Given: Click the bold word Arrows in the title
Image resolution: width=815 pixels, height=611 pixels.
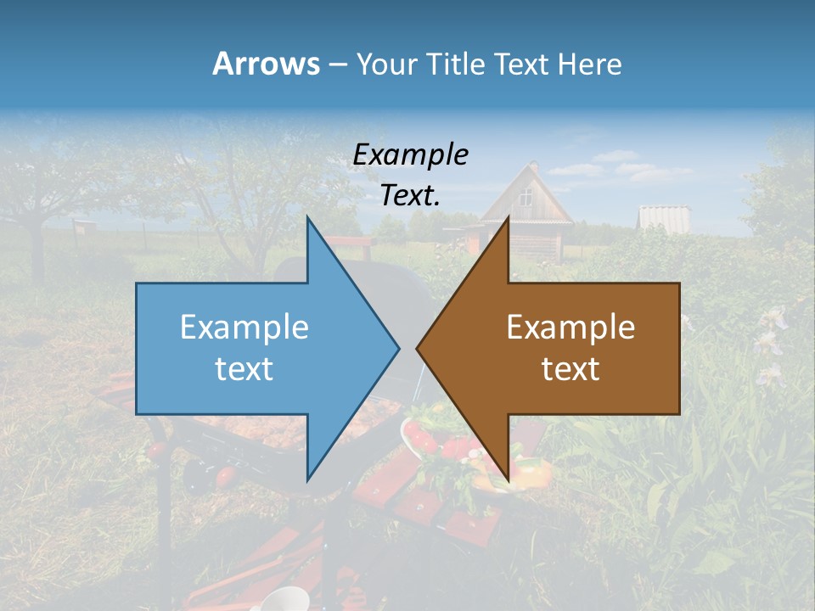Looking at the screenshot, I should pyautogui.click(x=266, y=64).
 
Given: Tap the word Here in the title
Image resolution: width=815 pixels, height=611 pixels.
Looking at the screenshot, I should pyautogui.click(x=589, y=64).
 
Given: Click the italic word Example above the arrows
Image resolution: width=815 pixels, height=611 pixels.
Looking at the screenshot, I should pyautogui.click(x=410, y=154).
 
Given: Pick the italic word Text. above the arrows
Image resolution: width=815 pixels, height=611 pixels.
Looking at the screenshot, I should pyautogui.click(x=410, y=195).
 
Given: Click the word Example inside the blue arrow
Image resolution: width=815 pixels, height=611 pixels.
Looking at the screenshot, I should pyautogui.click(x=244, y=327).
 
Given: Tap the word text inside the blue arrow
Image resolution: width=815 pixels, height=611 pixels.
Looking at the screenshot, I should pyautogui.click(x=244, y=369).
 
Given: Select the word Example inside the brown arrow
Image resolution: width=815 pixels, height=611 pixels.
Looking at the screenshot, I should pyautogui.click(x=570, y=327).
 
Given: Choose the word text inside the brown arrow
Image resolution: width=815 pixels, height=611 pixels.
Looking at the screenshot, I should pyautogui.click(x=570, y=369).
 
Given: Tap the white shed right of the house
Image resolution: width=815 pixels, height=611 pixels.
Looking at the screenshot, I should pyautogui.click(x=663, y=217).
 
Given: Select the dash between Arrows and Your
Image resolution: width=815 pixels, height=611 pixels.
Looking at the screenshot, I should pyautogui.click(x=337, y=64).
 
